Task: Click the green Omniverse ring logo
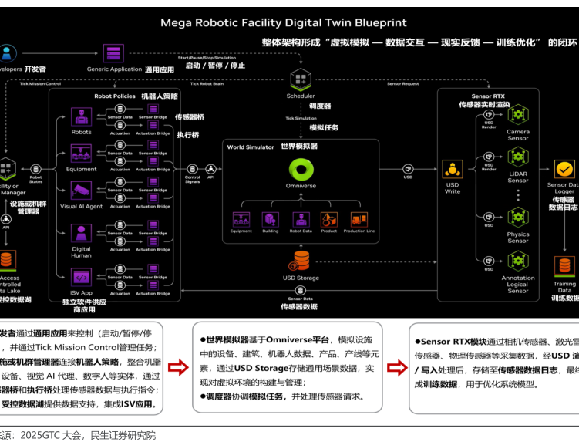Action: (301, 169)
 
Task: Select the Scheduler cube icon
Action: (300, 79)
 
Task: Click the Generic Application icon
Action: (114, 53)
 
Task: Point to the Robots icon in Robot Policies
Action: (81, 116)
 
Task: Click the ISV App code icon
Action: (81, 276)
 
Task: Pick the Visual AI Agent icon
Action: (81, 191)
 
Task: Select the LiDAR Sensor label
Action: (518, 177)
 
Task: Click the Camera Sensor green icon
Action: (518, 115)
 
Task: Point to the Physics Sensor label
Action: (518, 238)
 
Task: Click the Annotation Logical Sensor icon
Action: (518, 260)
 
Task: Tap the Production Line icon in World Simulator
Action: (359, 219)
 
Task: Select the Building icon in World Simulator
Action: (270, 219)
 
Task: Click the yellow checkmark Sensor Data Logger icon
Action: (565, 169)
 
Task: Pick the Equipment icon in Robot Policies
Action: (81, 154)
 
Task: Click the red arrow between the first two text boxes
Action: (178, 368)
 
